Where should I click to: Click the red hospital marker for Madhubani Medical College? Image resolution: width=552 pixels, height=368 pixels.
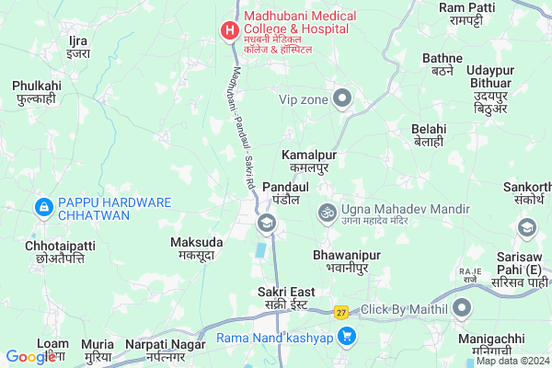[x=227, y=31]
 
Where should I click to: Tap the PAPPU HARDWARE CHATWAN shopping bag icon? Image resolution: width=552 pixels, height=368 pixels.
[x=41, y=209]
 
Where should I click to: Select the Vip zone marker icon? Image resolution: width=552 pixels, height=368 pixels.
[x=343, y=98]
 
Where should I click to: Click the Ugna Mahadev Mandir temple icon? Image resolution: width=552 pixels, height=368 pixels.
[x=326, y=213]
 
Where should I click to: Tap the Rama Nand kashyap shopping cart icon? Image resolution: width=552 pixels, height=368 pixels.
[x=347, y=338]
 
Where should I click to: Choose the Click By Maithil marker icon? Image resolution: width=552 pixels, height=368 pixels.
[x=462, y=309]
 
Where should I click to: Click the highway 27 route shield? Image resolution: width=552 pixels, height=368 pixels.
[x=341, y=313]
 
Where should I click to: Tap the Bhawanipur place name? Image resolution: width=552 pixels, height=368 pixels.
[x=340, y=259]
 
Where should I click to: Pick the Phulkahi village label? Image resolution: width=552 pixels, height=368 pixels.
[x=37, y=92]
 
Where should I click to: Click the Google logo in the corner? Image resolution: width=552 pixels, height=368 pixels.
[x=31, y=356]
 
